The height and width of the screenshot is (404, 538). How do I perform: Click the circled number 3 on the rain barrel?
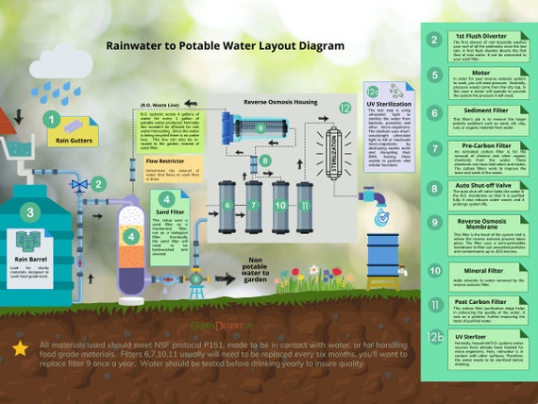click(x=31, y=212)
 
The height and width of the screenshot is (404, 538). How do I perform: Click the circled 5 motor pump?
click(x=195, y=278)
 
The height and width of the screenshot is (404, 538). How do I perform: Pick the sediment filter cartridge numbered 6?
click(x=227, y=203)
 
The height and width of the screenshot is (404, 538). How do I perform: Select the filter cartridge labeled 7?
click(x=253, y=203)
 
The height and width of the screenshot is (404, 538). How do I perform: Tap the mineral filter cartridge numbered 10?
click(x=279, y=203)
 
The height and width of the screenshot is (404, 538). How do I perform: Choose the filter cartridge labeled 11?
click(x=304, y=203)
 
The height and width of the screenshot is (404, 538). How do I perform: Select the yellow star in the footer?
click(x=19, y=350)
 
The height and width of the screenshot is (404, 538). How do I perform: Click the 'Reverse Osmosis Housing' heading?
click(x=281, y=101)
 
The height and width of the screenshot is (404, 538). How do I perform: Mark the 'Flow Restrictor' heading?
click(x=163, y=161)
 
